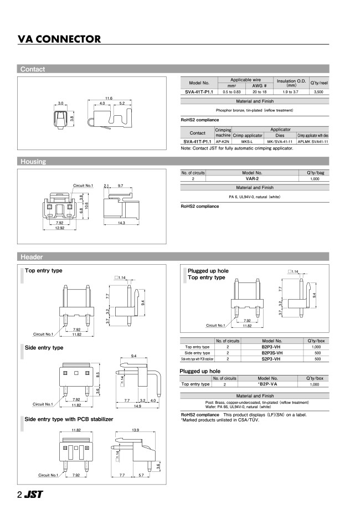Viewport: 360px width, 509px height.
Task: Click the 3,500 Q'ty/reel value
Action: [318, 91]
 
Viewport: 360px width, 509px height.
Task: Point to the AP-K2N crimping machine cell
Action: [223, 141]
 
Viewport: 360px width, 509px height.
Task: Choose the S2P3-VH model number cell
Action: [271, 359]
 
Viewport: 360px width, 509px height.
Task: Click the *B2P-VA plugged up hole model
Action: [271, 384]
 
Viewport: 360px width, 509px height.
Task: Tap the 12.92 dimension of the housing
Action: [60, 228]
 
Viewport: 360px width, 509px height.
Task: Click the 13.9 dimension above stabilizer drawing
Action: [135, 430]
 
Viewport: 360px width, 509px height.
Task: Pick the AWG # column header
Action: [260, 86]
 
